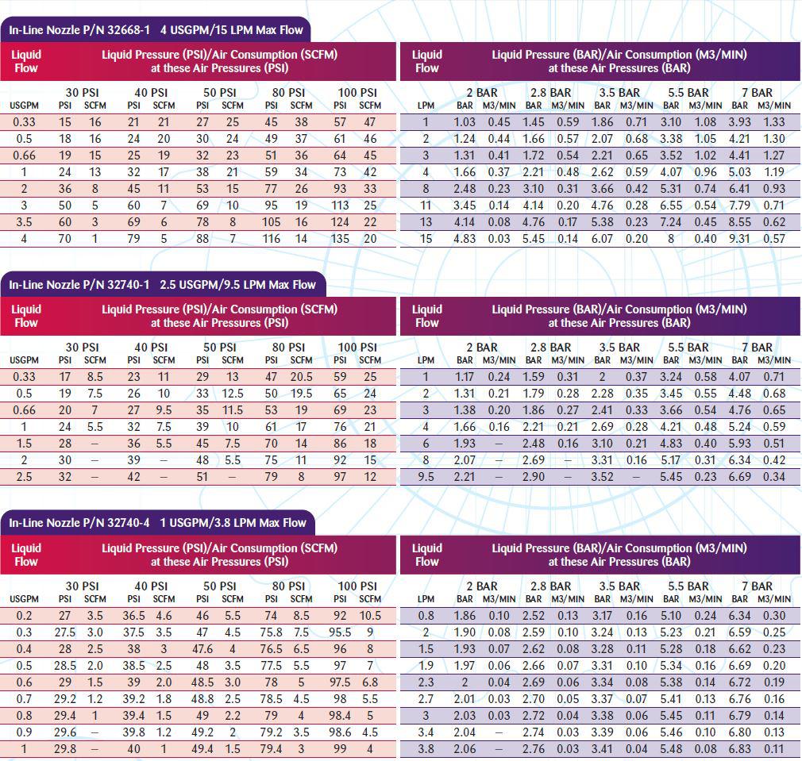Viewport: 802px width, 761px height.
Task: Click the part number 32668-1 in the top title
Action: pos(129,29)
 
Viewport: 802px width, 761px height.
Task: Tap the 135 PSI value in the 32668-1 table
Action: pos(340,239)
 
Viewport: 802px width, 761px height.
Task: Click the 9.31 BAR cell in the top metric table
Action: pos(739,239)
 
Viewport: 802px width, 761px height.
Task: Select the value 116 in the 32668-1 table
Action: pos(271,239)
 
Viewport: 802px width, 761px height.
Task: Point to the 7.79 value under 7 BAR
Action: pos(739,206)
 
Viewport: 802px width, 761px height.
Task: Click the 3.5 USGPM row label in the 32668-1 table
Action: pos(24,222)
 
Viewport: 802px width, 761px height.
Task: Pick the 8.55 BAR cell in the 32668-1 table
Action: pos(739,222)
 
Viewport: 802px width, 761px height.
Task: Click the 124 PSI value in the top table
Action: pos(340,222)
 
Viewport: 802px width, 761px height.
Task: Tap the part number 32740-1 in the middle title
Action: pos(129,285)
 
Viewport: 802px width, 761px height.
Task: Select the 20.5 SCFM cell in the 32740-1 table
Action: pos(301,377)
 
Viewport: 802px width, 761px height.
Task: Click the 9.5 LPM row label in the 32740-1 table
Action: pos(426,477)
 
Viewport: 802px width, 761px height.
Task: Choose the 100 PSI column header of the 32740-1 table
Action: pos(357,348)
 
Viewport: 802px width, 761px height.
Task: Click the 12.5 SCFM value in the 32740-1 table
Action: pos(233,394)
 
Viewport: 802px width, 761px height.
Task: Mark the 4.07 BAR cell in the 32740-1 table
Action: pos(739,377)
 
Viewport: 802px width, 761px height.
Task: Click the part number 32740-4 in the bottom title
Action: pos(129,523)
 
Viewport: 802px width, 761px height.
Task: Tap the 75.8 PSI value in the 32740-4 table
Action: pos(271,632)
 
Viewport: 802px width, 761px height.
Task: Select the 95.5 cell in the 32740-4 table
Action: pos(340,632)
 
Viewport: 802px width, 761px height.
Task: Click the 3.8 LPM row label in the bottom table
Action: pos(426,749)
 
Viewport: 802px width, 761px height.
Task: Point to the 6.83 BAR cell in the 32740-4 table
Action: pos(739,749)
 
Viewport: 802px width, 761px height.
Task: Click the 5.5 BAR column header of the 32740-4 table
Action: pos(688,586)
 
